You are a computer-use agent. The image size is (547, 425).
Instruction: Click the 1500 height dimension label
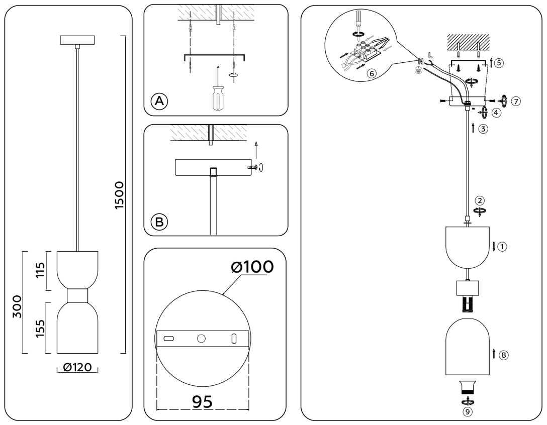119,195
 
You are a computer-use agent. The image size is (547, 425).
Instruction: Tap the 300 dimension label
17,306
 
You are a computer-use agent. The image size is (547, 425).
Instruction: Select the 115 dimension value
41,270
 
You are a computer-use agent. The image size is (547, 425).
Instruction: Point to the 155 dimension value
41,328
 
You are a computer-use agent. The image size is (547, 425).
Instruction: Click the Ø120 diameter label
77,368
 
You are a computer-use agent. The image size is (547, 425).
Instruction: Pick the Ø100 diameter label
252,267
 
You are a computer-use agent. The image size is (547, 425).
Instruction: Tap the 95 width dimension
202,401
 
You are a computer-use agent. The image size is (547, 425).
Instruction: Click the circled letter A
159,101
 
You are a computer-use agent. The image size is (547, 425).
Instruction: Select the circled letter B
159,222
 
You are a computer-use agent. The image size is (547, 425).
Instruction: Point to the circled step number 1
503,247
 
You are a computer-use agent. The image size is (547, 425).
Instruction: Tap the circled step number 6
371,73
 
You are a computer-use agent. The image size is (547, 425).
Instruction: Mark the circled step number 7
515,101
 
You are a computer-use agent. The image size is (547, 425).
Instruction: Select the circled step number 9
468,412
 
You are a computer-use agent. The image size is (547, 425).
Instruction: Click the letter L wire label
430,55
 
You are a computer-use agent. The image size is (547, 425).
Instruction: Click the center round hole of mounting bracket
202,339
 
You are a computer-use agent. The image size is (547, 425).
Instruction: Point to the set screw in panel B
252,167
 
